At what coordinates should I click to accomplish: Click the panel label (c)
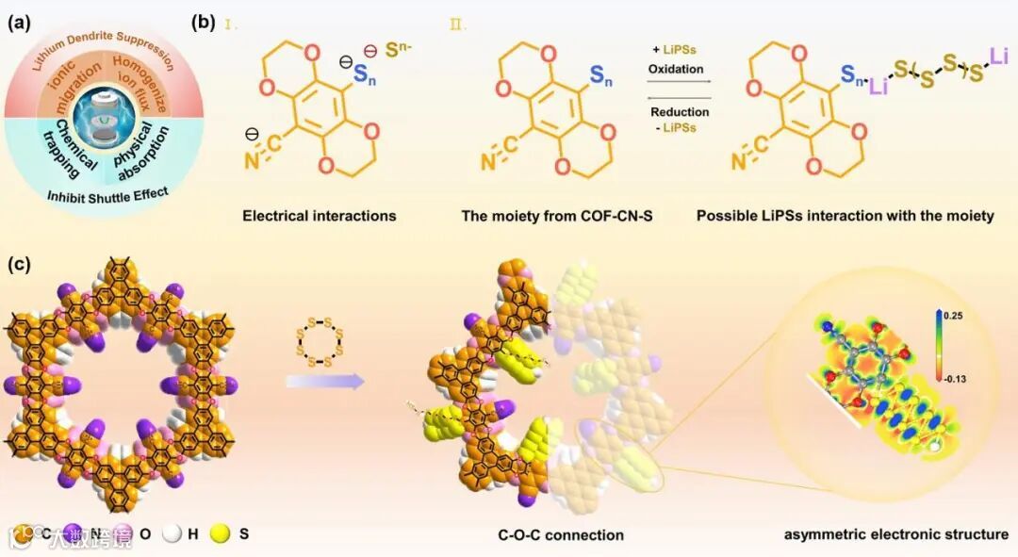(x=21, y=265)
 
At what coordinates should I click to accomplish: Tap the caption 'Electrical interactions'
(x=320, y=216)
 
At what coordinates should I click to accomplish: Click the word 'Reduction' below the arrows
(x=679, y=112)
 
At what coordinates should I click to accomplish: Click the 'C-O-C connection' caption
(x=561, y=534)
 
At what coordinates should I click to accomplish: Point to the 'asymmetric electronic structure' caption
(x=895, y=534)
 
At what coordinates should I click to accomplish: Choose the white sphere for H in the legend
(x=171, y=534)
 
